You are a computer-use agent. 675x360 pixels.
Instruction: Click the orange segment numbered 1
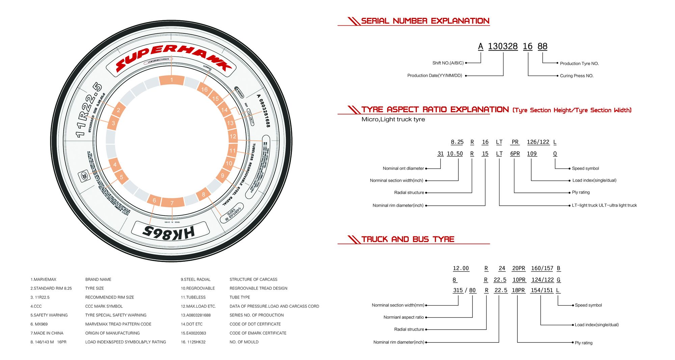click(x=171, y=80)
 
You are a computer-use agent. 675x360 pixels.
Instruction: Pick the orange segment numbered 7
click(x=172, y=203)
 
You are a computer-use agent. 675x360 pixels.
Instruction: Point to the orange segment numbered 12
click(x=233, y=136)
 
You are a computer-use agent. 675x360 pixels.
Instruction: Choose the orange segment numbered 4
click(x=115, y=164)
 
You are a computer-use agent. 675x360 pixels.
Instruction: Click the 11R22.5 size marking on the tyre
click(x=88, y=110)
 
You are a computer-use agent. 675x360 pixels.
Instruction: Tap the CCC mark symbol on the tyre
click(x=84, y=176)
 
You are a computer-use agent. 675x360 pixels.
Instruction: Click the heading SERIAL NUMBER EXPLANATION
click(x=425, y=21)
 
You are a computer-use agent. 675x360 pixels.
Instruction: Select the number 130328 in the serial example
click(x=503, y=46)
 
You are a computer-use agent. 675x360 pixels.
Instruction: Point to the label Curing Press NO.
click(x=576, y=76)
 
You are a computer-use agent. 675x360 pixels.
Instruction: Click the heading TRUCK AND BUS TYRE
click(x=408, y=239)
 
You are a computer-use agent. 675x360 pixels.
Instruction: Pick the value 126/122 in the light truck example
click(x=538, y=142)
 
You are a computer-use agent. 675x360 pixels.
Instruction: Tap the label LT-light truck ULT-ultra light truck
click(x=604, y=205)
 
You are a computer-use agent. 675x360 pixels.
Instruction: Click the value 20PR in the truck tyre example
click(x=518, y=268)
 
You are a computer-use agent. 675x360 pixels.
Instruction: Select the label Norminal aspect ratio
click(x=403, y=317)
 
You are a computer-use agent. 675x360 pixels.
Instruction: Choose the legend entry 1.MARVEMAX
click(x=44, y=280)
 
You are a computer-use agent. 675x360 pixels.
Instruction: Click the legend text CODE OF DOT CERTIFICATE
click(x=255, y=324)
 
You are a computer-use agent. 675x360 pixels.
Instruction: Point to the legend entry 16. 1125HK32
click(x=193, y=342)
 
